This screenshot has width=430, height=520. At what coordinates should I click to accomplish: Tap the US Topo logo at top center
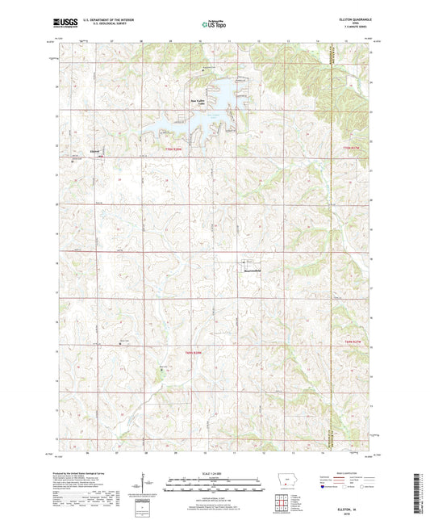[208, 25]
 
